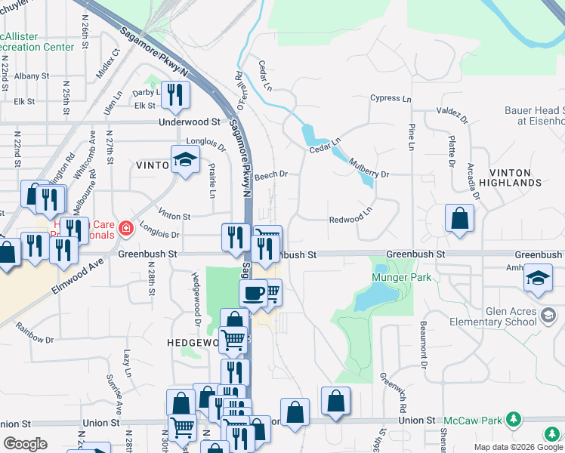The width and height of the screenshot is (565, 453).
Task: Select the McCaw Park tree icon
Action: pyautogui.click(x=514, y=418)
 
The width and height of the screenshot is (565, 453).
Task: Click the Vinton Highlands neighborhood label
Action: pyautogui.click(x=515, y=177)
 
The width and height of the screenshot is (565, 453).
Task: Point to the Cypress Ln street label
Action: pyautogui.click(x=391, y=99)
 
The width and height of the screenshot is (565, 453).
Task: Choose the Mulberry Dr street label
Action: pyautogui.click(x=369, y=174)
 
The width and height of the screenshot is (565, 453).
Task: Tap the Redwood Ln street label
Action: pyautogui.click(x=350, y=220)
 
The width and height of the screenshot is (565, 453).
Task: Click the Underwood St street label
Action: pyautogui.click(x=189, y=122)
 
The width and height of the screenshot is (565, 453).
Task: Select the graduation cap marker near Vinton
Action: pyautogui.click(x=184, y=159)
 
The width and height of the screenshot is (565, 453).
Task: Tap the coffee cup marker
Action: pyautogui.click(x=253, y=293)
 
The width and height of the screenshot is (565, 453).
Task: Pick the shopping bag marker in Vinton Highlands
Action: pyautogui.click(x=459, y=219)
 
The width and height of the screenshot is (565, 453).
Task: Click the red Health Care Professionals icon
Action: pyautogui.click(x=125, y=226)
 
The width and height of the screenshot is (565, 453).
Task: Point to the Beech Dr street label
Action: pyautogui.click(x=271, y=174)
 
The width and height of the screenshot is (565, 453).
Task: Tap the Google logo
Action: pyautogui.click(x=26, y=444)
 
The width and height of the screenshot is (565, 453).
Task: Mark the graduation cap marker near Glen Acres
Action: pyautogui.click(x=538, y=277)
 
